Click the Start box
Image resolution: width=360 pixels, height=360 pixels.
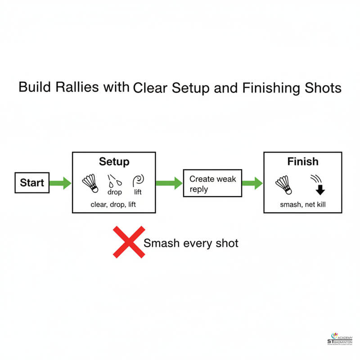[x=32, y=183]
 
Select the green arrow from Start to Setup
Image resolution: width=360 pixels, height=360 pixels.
[x=60, y=183]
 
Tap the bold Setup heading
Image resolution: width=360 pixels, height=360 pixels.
[x=114, y=162]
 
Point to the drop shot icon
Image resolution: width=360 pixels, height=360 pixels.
[x=114, y=181]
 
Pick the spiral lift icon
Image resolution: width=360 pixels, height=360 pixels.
[x=138, y=181]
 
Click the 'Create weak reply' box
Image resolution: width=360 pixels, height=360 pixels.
[x=212, y=183]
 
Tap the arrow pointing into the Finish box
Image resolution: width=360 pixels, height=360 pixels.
[x=252, y=183]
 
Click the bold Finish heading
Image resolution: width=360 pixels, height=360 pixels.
[x=302, y=162]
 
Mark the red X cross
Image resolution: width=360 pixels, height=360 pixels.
[x=129, y=242]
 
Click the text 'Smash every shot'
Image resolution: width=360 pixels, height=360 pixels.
[x=191, y=243]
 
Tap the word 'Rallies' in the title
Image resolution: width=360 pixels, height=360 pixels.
[x=79, y=87]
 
